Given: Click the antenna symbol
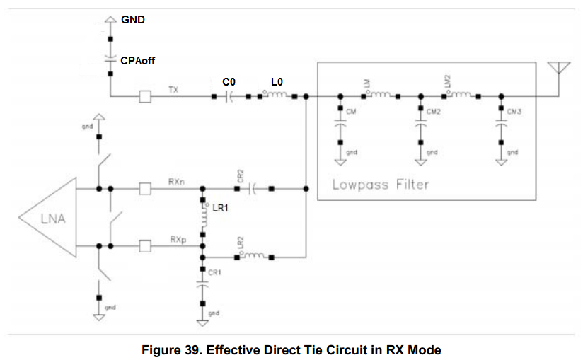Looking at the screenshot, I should point(560,69).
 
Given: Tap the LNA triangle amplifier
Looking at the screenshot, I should point(53,218).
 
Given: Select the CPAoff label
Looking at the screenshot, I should point(137,61).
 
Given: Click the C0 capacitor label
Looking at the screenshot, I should point(229,82).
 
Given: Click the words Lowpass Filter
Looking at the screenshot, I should point(381,185).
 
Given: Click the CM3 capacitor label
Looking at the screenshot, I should point(514,112).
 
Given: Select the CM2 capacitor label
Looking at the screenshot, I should point(434,112).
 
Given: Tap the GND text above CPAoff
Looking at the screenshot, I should point(133,20).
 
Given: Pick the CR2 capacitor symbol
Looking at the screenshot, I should point(253,189).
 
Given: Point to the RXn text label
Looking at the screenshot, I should point(177,182).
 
